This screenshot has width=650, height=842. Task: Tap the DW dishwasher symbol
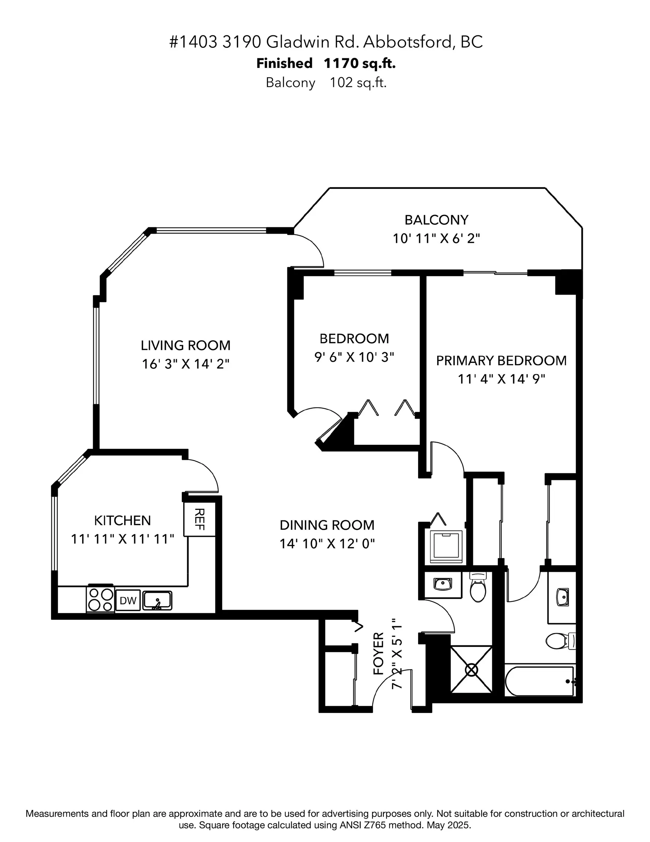click(128, 600)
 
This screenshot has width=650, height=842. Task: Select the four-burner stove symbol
click(100, 599)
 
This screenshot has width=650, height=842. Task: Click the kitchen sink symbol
click(157, 601)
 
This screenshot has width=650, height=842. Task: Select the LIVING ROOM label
click(186, 345)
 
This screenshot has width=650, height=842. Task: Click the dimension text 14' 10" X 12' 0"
click(327, 543)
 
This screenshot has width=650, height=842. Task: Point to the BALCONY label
click(436, 220)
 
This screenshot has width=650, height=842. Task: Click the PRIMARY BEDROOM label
click(501, 360)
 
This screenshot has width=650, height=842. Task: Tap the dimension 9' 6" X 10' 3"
click(354, 357)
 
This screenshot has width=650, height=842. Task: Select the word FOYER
click(379, 653)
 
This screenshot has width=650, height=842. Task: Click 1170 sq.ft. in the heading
click(359, 63)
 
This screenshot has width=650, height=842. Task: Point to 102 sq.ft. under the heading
click(358, 83)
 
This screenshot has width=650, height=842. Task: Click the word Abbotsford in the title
click(407, 42)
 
